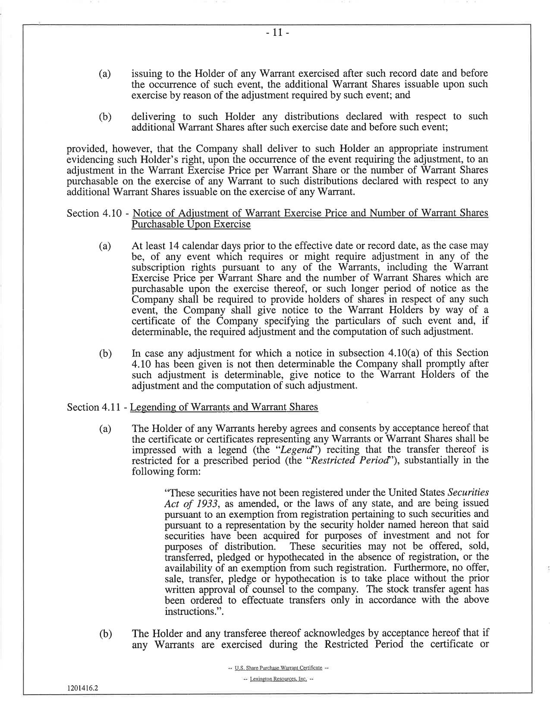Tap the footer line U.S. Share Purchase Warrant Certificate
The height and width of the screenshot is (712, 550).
coord(278,668)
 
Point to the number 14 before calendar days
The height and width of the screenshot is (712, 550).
coord(173,246)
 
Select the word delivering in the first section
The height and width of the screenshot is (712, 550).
coord(153,117)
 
